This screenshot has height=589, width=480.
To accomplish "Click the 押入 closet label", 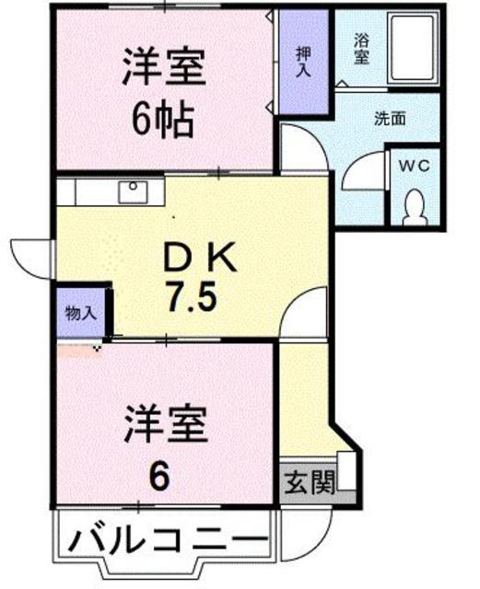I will click(302, 62).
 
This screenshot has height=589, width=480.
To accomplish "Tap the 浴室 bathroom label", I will click(362, 48).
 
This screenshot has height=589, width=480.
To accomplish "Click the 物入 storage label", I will click(81, 312).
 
